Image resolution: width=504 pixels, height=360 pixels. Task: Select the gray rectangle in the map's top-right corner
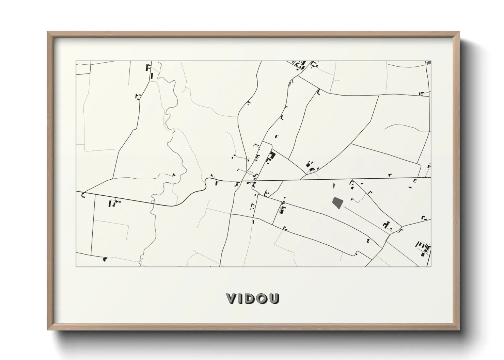428,63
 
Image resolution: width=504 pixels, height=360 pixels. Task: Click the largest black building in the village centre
272,157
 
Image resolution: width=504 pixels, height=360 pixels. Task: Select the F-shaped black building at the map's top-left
148,67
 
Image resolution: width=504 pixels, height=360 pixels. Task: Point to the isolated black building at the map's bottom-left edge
105,259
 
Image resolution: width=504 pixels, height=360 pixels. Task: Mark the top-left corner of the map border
76,61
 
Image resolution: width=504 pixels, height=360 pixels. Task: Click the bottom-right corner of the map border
431,266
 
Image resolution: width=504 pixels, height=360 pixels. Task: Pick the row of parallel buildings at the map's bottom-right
423,248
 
